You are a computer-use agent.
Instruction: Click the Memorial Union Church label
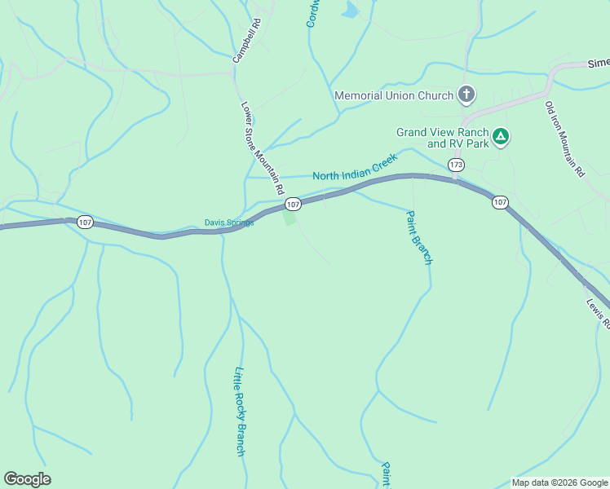pyautogui.click(x=394, y=95)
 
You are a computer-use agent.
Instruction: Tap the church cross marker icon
pyautogui.click(x=466, y=95)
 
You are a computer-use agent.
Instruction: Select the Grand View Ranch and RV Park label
pyautogui.click(x=443, y=138)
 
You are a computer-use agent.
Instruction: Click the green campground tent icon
pyautogui.click(x=501, y=136)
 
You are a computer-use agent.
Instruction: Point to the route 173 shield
pyautogui.click(x=456, y=165)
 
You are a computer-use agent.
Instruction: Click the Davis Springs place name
pyautogui.click(x=229, y=222)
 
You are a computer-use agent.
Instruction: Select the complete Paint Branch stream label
pyautogui.click(x=418, y=237)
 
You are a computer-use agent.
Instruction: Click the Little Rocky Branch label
pyautogui.click(x=240, y=411)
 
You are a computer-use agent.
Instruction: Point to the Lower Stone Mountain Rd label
pyautogui.click(x=262, y=147)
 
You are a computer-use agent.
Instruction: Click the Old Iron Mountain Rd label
pyautogui.click(x=564, y=139)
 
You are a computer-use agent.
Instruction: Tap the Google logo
pyautogui.click(x=27, y=479)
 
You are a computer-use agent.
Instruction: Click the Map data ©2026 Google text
pyautogui.click(x=559, y=482)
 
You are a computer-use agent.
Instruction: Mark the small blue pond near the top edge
pyautogui.click(x=351, y=10)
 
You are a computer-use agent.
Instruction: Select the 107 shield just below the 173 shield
pyautogui.click(x=500, y=202)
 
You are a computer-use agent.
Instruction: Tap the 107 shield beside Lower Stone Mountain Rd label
pyautogui.click(x=294, y=204)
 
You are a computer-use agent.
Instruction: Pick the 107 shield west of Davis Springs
pyautogui.click(x=85, y=222)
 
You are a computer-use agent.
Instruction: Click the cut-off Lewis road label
pyautogui.click(x=598, y=313)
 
